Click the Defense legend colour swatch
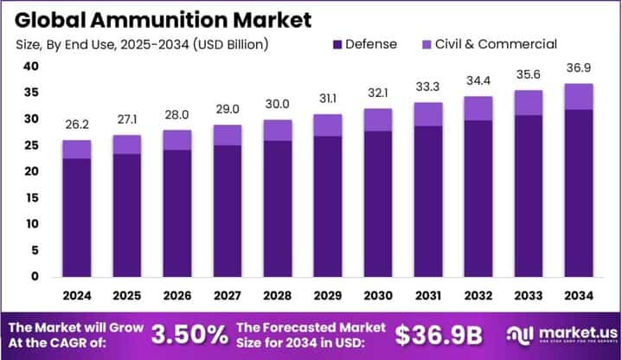[337, 44]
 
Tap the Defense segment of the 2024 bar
[76, 217]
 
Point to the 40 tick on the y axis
[30, 67]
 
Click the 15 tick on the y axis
[30, 197]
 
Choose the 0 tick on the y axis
[34, 277]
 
